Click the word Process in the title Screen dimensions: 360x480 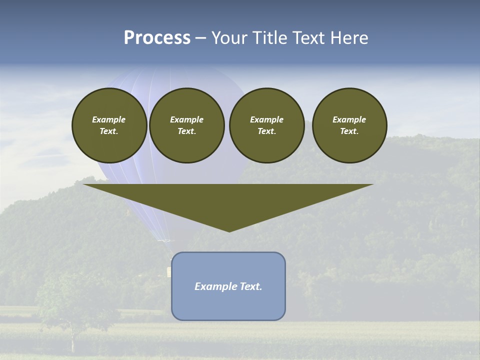[157, 38]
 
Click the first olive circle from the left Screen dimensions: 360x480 [109, 125]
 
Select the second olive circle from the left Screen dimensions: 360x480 [186, 125]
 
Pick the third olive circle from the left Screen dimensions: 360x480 [266, 125]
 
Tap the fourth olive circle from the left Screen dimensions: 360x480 [349, 125]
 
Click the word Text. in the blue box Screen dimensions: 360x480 [250, 286]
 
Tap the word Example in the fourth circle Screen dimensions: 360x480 [349, 119]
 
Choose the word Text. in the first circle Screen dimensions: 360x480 [109, 131]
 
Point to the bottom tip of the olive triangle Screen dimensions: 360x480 [229, 231]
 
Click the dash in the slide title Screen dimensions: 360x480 [201, 38]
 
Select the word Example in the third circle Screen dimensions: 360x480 [266, 119]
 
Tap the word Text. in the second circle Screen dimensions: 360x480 [186, 131]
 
